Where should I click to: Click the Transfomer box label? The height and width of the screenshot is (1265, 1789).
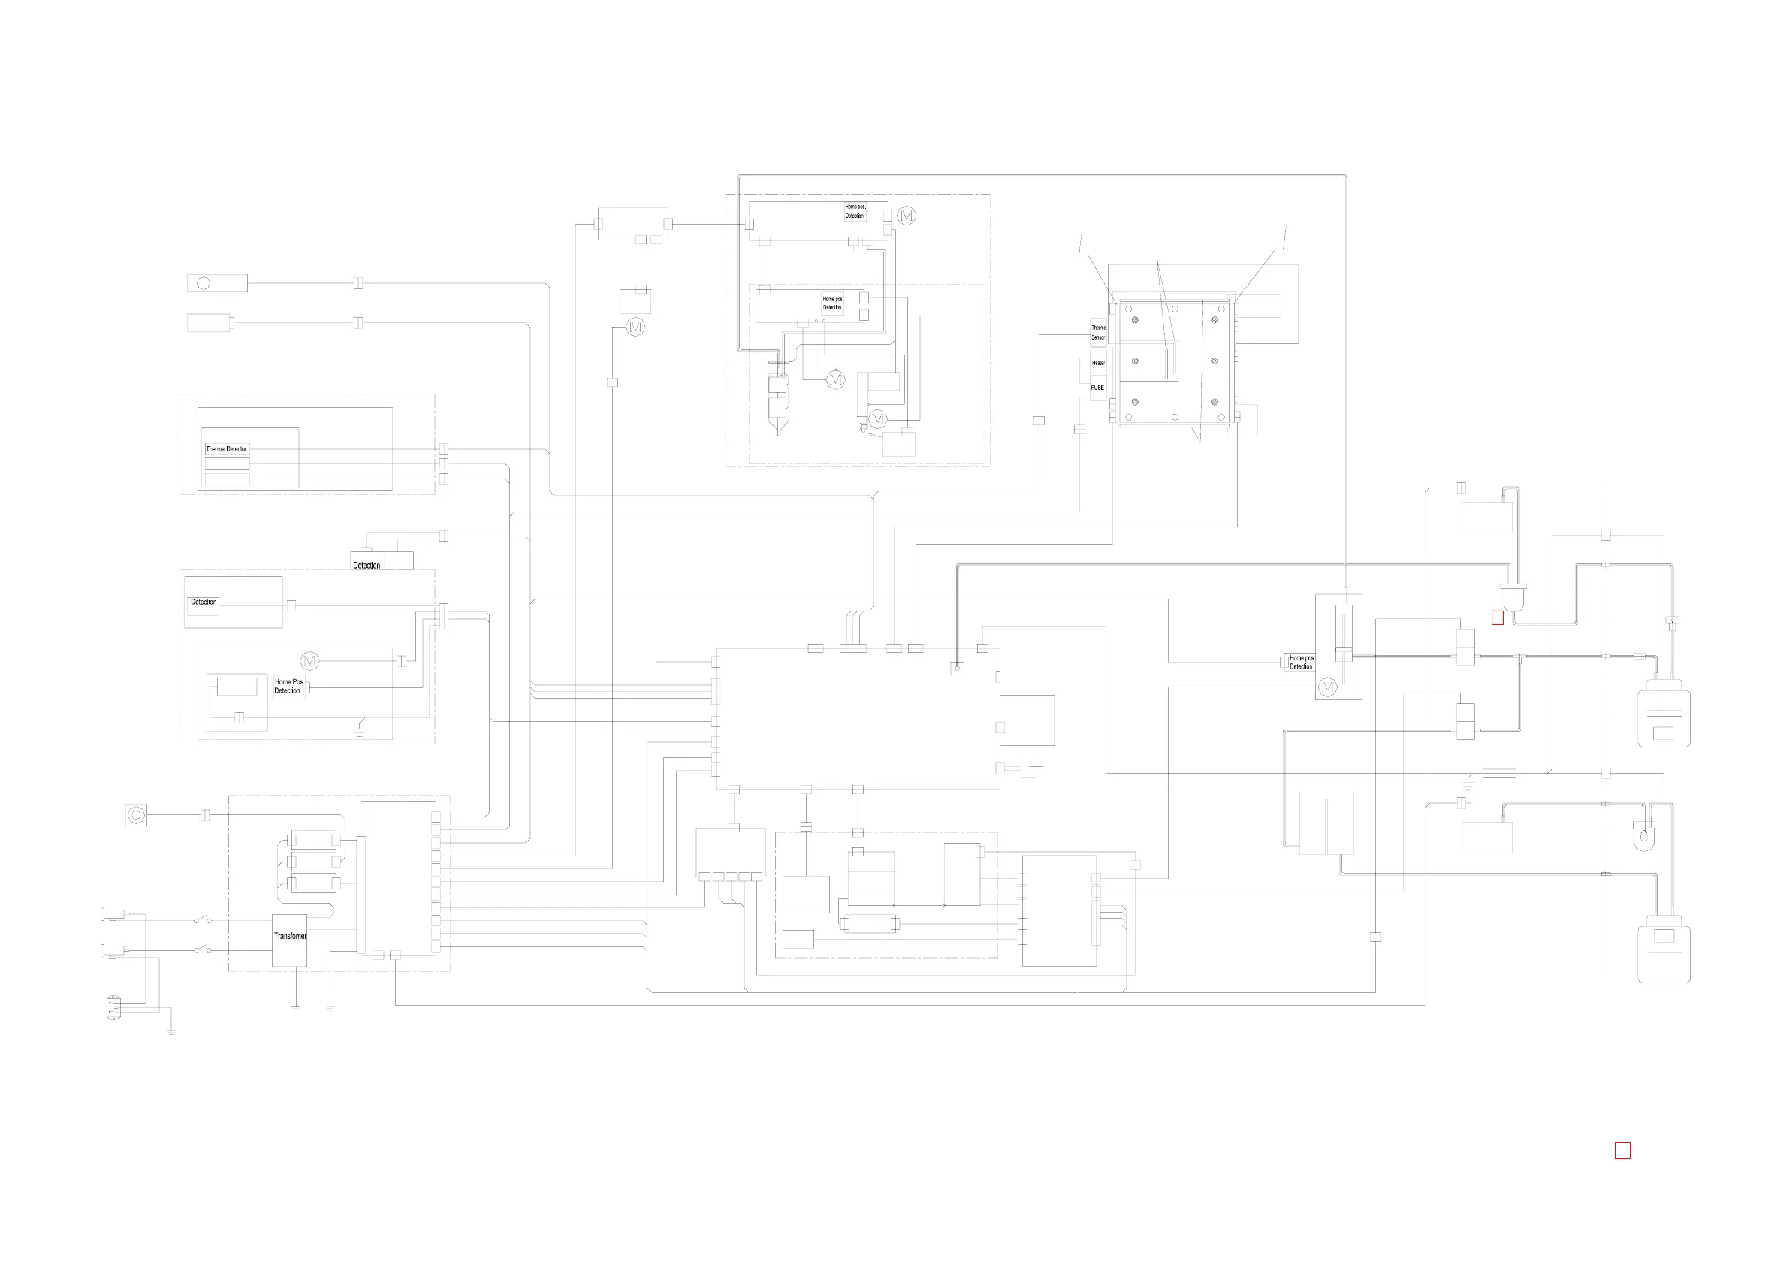tap(290, 936)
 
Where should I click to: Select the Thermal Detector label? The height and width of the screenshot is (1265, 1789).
tap(226, 449)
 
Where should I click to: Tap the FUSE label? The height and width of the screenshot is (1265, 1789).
tap(1097, 388)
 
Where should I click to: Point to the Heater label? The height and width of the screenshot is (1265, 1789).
tap(1098, 362)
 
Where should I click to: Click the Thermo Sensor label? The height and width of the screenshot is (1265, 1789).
tap(1098, 333)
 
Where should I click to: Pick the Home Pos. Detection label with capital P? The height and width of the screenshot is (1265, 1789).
tap(289, 686)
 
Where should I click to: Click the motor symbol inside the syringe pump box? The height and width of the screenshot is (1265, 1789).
tap(1327, 687)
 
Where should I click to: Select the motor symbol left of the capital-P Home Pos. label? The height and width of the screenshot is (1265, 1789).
tap(310, 661)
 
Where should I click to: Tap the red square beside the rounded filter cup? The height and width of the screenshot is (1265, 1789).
tap(1497, 618)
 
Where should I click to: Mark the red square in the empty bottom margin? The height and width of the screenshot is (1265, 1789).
tap(1622, 1150)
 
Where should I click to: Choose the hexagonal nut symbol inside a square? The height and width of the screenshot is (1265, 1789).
tap(136, 815)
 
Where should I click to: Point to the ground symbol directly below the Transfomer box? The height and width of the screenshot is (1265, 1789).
tap(296, 1007)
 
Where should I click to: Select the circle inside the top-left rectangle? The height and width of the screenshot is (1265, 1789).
tap(204, 283)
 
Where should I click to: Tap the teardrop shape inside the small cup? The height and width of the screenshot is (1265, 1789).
tap(1644, 837)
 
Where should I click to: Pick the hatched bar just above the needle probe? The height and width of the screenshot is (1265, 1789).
tap(778, 361)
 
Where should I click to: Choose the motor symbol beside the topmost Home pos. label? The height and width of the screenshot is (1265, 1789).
tap(907, 216)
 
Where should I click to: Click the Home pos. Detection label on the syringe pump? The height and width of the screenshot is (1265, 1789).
tap(1302, 663)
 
